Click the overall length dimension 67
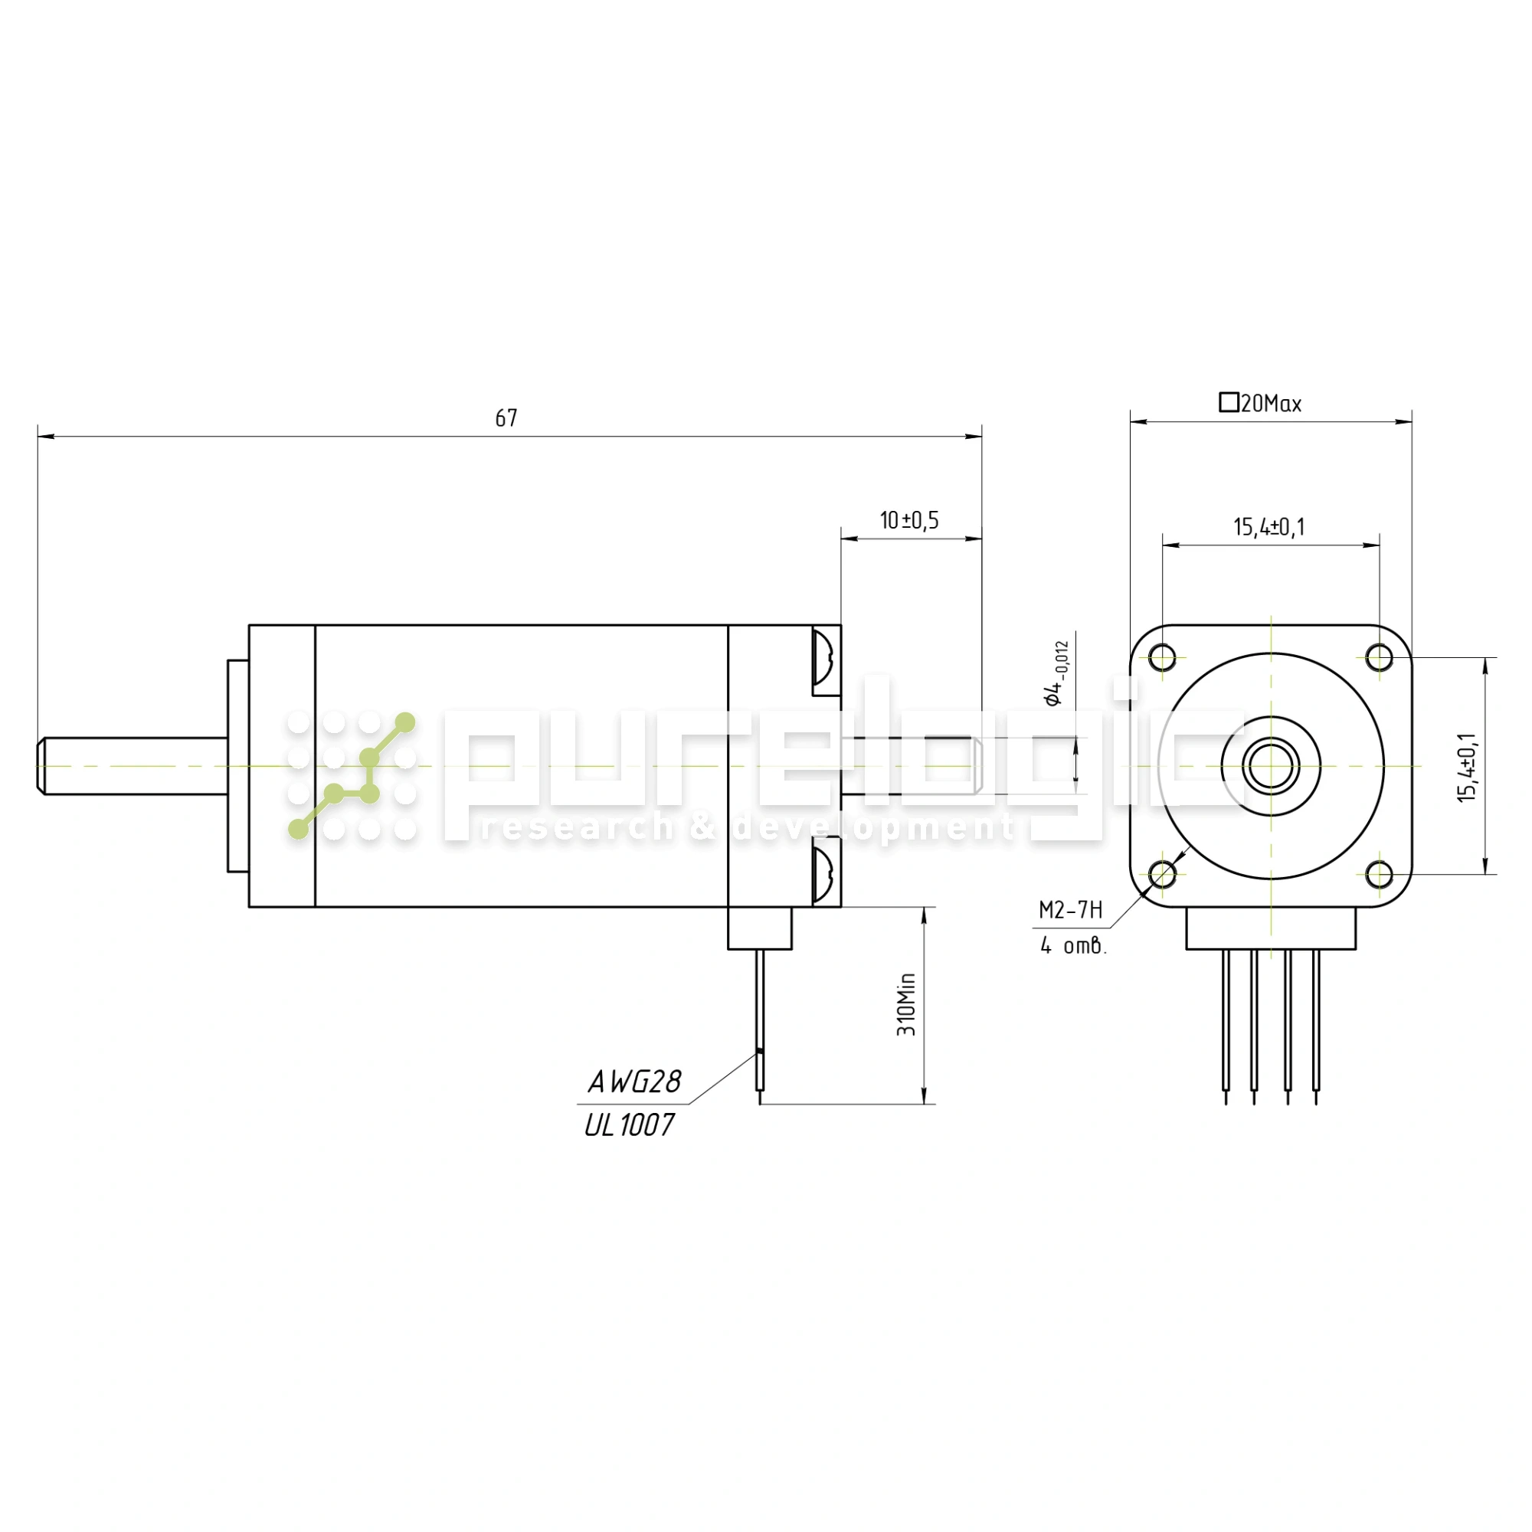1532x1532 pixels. point(506,418)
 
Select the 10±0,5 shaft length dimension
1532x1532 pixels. point(908,520)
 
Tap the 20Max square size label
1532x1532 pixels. point(1270,404)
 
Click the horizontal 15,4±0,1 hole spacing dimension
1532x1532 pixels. point(1268,526)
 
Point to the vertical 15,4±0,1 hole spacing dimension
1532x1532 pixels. point(1467,767)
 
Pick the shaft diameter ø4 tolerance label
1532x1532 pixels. point(1057,673)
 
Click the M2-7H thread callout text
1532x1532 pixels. point(1071,910)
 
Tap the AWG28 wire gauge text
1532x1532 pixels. point(634,1081)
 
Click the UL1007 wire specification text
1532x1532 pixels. point(630,1124)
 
